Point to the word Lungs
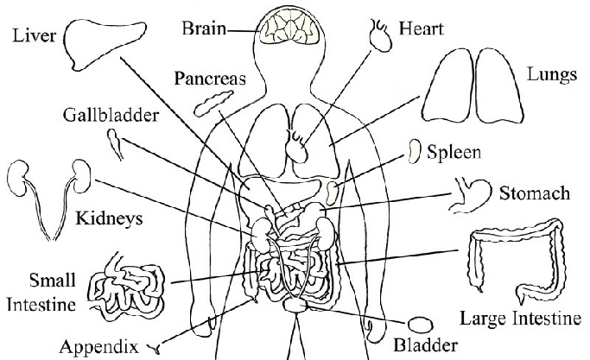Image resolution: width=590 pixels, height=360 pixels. pos(551,76)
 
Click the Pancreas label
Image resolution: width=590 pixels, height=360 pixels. pos(211,79)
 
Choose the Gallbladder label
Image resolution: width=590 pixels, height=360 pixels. pos(106,115)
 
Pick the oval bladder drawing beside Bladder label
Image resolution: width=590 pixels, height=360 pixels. pos(421,324)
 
